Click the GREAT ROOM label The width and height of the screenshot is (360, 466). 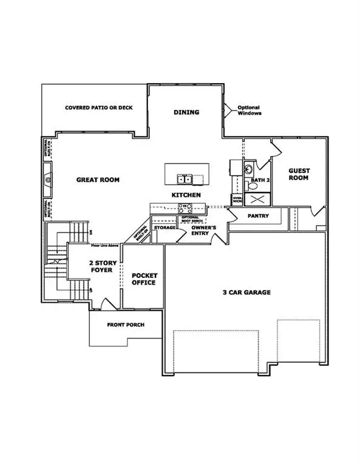pyautogui.click(x=97, y=180)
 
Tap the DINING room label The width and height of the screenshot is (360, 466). pyautogui.click(x=186, y=112)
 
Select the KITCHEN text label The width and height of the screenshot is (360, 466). pyautogui.click(x=186, y=195)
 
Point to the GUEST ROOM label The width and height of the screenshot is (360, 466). pyautogui.click(x=299, y=174)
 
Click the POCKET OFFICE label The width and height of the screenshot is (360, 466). pyautogui.click(x=144, y=279)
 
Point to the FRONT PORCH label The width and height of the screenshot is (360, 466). pyautogui.click(x=125, y=325)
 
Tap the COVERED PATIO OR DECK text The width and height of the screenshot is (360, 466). pyautogui.click(x=98, y=108)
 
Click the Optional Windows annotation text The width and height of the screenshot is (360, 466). pyautogui.click(x=248, y=110)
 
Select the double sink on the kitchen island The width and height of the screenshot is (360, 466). pyautogui.click(x=185, y=179)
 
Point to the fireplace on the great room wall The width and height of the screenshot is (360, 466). pyautogui.click(x=47, y=180)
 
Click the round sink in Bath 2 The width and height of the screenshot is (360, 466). pyautogui.click(x=249, y=169)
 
